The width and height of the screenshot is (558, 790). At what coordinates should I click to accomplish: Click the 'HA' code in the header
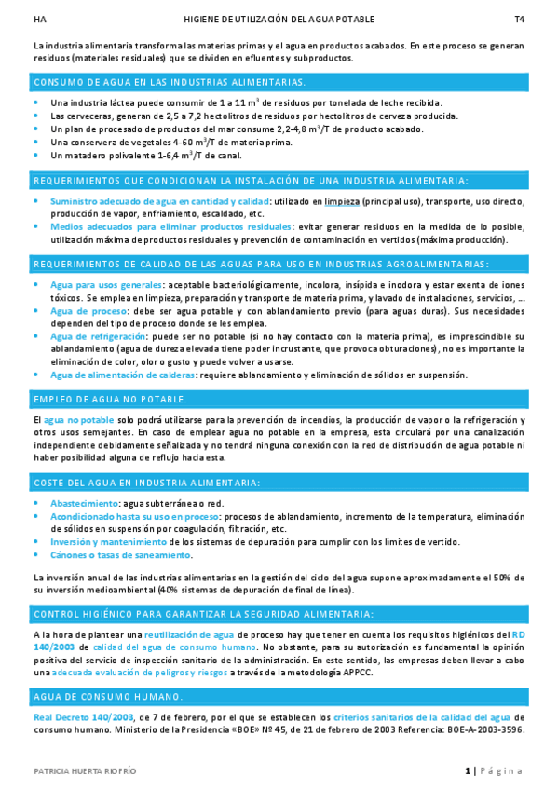coord(38,19)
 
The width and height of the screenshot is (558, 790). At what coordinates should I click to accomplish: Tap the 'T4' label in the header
coord(519,19)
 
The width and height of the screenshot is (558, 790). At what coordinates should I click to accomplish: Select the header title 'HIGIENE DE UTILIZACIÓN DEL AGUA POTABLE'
coord(279,19)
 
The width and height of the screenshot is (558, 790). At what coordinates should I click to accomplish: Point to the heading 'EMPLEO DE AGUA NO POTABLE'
coord(110,399)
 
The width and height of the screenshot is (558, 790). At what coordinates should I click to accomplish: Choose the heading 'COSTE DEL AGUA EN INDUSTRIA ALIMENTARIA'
coord(147,483)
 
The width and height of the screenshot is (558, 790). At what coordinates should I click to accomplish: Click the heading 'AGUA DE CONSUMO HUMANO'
coord(108,697)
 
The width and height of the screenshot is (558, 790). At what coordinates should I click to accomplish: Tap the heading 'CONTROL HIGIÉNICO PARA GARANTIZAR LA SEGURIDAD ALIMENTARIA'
coord(204,614)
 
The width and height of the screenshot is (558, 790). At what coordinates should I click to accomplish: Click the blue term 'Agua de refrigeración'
coord(99,335)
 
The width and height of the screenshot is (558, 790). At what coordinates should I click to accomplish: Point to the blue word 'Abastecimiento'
coord(85,503)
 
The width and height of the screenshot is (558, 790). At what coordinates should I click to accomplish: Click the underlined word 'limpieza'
coord(342,200)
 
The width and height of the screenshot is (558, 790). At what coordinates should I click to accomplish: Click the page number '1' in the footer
coord(468,770)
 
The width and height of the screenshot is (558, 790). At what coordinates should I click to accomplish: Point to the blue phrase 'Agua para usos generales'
coord(105,284)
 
